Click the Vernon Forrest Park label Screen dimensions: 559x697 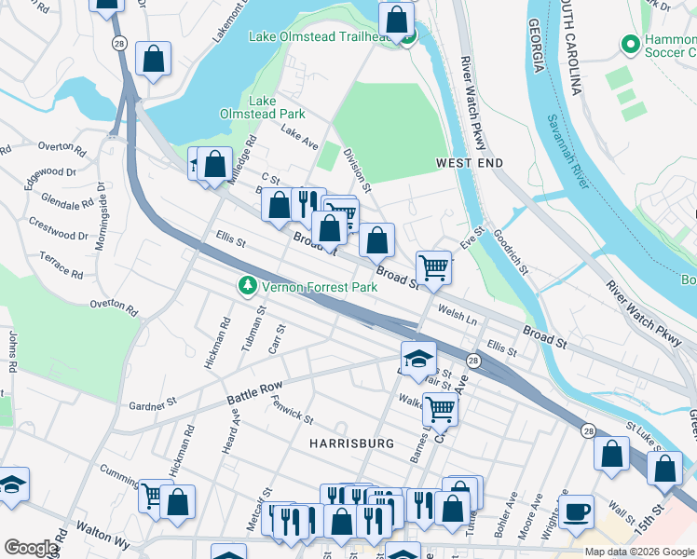[320, 287]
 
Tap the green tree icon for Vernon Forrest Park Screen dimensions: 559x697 [248, 286]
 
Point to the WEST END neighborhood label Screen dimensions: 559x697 [470, 163]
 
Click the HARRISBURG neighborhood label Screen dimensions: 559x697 [350, 443]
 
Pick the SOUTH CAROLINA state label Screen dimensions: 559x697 [570, 47]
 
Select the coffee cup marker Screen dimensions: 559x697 [576, 511]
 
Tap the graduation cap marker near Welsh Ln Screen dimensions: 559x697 [418, 358]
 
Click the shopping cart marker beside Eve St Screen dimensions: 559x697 [433, 267]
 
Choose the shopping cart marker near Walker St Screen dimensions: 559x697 [440, 408]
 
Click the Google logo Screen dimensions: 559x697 [31, 548]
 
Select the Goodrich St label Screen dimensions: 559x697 [511, 252]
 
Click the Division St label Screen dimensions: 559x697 [357, 169]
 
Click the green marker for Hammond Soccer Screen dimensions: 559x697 [630, 44]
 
